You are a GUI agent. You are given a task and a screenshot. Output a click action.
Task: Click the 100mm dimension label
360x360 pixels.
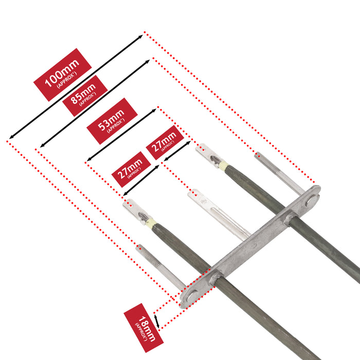(x=62, y=75)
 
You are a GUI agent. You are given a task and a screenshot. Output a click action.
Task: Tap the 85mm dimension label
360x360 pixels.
(x=85, y=96)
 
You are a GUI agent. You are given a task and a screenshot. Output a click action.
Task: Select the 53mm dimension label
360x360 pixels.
(x=112, y=121)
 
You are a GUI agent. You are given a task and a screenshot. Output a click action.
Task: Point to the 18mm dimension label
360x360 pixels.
(x=143, y=328)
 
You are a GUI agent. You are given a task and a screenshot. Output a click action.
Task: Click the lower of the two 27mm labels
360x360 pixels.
(x=131, y=169)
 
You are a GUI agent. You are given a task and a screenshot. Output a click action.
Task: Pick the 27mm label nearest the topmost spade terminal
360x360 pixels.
(x=165, y=142)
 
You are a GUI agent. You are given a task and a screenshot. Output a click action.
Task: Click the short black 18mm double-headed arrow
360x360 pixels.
(x=156, y=321)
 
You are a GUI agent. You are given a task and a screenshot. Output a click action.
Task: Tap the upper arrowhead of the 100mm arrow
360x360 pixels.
(x=141, y=37)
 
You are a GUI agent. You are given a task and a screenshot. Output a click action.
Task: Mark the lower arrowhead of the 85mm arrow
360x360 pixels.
(x=42, y=146)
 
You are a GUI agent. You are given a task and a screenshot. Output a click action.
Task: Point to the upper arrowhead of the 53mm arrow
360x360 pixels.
(x=154, y=110)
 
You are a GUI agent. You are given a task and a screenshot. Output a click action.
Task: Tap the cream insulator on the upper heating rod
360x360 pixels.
(x=224, y=165)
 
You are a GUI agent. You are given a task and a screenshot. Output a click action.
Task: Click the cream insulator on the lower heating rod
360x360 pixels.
(x=152, y=222)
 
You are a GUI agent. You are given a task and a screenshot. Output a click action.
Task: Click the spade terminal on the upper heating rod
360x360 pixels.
(x=208, y=154)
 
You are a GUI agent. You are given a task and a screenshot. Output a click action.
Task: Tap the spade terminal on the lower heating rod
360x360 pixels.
(x=135, y=210)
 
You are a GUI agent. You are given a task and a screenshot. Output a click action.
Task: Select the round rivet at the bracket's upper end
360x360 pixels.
(x=311, y=201)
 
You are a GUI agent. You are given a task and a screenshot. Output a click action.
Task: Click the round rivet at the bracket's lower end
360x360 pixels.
(x=191, y=297)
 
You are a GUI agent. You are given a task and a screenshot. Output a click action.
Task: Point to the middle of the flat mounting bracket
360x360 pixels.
(x=250, y=247)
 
